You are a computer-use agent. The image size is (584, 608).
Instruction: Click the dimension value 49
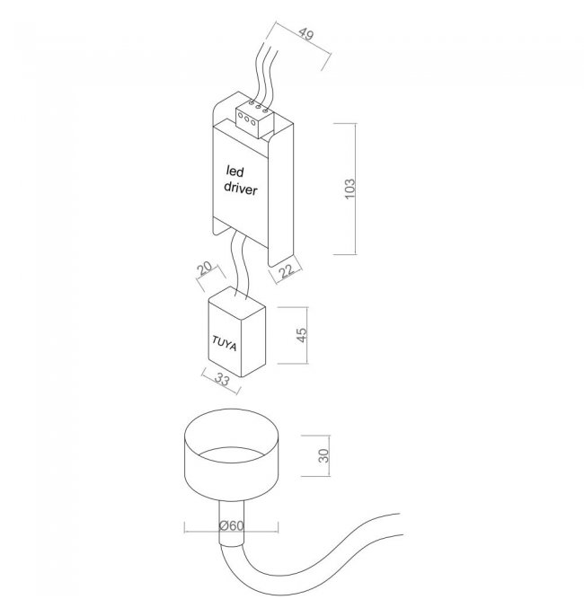(x=306, y=34)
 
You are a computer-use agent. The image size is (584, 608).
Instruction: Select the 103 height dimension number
(x=350, y=189)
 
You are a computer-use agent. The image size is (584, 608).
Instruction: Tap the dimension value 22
(x=288, y=270)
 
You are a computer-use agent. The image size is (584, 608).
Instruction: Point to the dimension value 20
(x=205, y=268)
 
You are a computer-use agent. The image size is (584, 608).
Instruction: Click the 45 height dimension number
(x=302, y=335)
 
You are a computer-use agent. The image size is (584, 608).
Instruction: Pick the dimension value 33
(x=222, y=380)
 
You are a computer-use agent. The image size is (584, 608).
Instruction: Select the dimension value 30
(x=323, y=455)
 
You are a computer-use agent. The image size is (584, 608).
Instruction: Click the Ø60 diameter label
(x=231, y=525)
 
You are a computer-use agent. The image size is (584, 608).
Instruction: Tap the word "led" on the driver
(x=234, y=172)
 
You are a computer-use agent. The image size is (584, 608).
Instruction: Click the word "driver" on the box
(x=241, y=188)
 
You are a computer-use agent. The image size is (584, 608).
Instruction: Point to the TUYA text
(x=225, y=343)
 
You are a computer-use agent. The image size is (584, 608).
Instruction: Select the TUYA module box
(x=236, y=332)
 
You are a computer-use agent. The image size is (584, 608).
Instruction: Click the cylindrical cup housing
(x=231, y=454)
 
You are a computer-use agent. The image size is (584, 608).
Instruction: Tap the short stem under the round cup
(x=231, y=524)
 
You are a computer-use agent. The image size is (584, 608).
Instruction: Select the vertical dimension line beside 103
(x=355, y=189)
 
